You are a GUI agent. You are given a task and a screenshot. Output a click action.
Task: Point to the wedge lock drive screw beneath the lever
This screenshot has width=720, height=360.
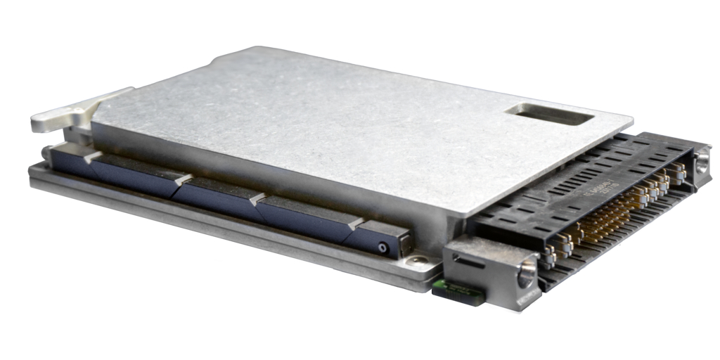coord(46,152)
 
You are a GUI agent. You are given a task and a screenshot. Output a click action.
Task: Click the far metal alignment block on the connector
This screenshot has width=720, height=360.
coord(700,165)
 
